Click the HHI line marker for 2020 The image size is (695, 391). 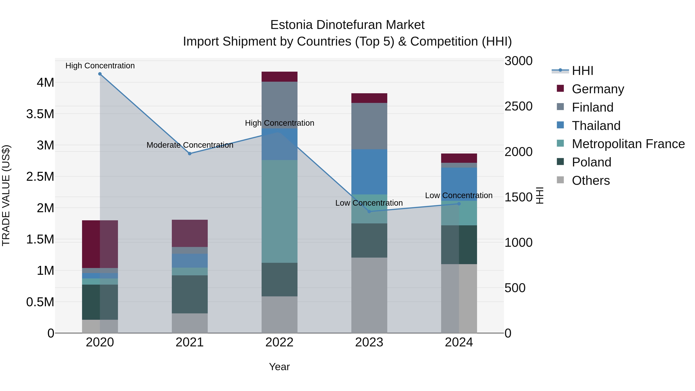click(x=100, y=74)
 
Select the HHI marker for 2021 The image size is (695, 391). click(x=190, y=154)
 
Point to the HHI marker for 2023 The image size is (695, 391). click(x=369, y=212)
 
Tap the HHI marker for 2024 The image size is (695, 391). click(x=459, y=204)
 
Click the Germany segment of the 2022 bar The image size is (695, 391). click(x=280, y=77)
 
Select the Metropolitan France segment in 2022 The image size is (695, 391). click(x=280, y=211)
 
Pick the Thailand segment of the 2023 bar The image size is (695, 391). click(x=369, y=172)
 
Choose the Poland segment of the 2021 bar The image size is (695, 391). click(x=190, y=294)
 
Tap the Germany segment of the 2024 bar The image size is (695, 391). click(x=459, y=158)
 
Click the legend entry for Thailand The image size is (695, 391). click(x=596, y=126)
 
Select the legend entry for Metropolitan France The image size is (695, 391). click(x=628, y=144)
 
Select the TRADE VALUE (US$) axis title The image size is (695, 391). click(x=6, y=195)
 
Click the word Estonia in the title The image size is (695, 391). click(x=291, y=25)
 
